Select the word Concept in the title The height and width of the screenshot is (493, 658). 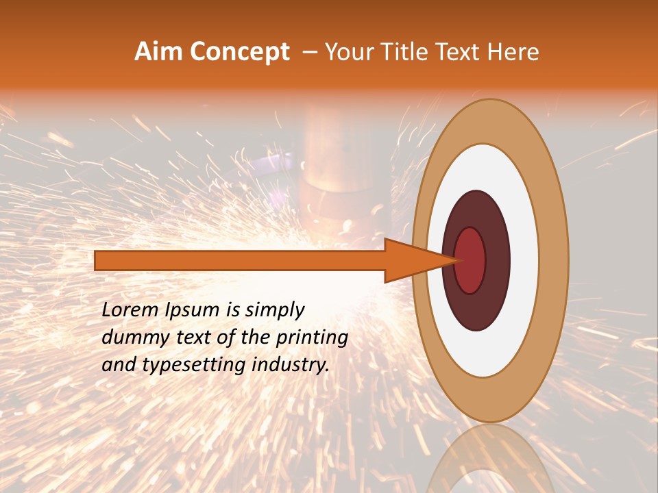tap(239, 53)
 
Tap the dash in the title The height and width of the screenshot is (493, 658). tap(310, 53)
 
